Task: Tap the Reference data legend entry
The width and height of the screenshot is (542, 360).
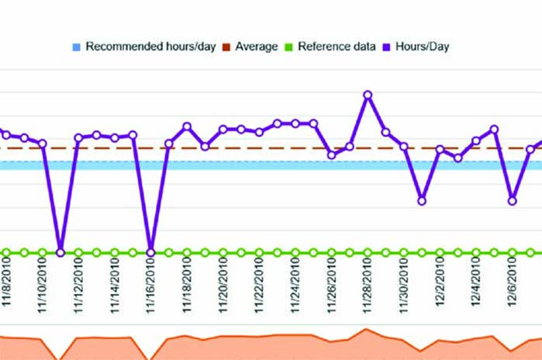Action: point(339,47)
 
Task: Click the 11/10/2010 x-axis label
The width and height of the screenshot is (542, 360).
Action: point(43,286)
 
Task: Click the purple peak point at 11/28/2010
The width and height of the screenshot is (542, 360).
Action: point(368,95)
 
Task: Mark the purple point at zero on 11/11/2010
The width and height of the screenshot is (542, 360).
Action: point(60,252)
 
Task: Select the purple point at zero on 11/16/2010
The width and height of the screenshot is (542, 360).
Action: point(151,252)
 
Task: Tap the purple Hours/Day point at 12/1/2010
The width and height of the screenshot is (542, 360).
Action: point(422,200)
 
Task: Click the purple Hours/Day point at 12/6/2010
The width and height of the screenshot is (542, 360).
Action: point(512,200)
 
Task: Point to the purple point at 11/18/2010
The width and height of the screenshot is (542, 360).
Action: point(187,126)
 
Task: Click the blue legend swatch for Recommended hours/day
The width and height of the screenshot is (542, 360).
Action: point(76,47)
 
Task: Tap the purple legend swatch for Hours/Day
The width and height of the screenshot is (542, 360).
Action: point(385,47)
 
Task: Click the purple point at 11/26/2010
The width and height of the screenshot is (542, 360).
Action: point(332,154)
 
